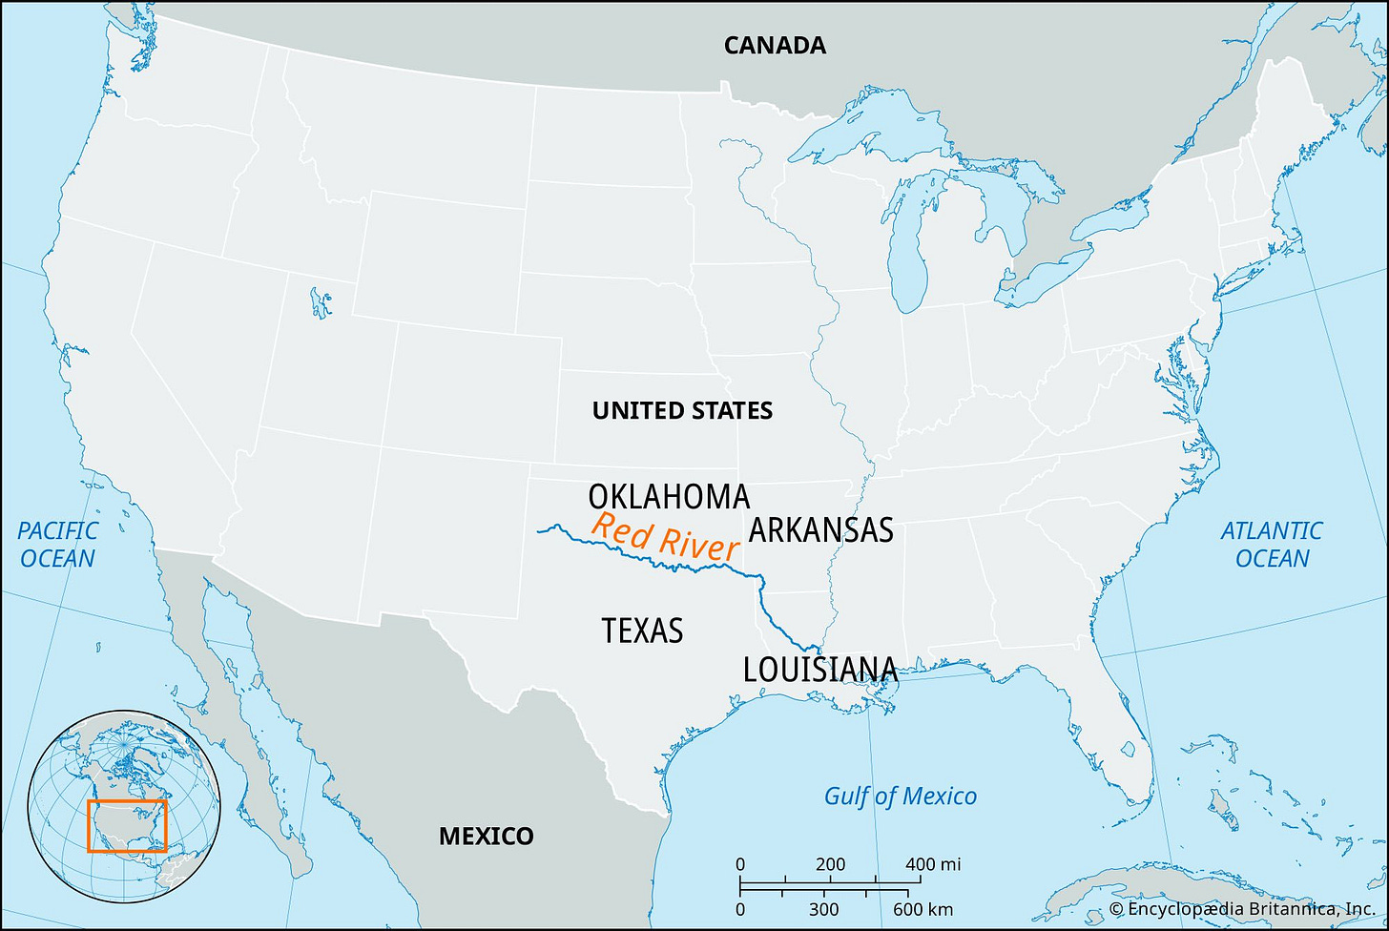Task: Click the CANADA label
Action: (x=775, y=45)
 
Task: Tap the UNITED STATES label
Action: (x=682, y=410)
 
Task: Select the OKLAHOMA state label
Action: (x=669, y=497)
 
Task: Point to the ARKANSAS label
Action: (x=820, y=529)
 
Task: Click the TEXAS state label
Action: (x=642, y=631)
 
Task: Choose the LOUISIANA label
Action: (x=820, y=670)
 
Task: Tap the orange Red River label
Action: (x=665, y=537)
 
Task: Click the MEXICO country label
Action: (x=487, y=837)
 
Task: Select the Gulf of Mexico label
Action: (x=901, y=796)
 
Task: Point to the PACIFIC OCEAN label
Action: (x=57, y=544)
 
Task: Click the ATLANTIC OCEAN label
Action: (x=1272, y=544)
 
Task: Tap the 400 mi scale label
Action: (x=934, y=865)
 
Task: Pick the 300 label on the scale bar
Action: (x=824, y=909)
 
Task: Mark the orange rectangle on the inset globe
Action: (x=127, y=825)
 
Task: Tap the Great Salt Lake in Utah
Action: (x=320, y=304)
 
